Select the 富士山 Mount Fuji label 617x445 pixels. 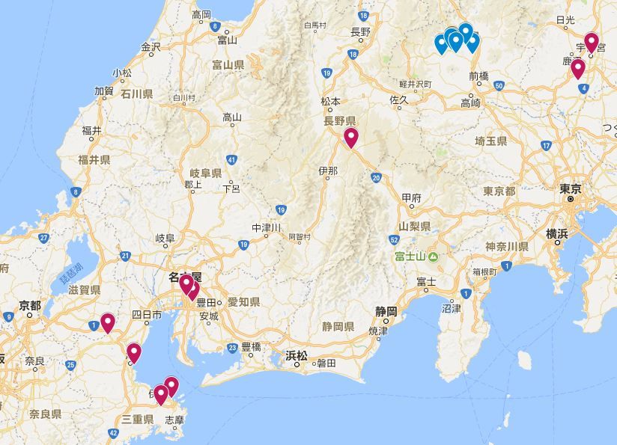coord(411,257)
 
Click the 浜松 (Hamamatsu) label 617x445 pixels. coord(297,356)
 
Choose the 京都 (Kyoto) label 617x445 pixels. coord(30,305)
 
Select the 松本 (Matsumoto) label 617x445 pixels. coord(330,102)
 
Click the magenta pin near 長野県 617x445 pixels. coord(351,137)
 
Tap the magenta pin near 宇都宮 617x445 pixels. coord(592,42)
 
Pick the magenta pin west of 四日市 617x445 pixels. coord(108,322)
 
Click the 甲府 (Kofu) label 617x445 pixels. coord(411,198)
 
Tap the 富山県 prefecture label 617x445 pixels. coord(228,66)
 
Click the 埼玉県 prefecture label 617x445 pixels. coord(490,141)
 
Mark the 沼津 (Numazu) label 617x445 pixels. coord(452,307)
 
